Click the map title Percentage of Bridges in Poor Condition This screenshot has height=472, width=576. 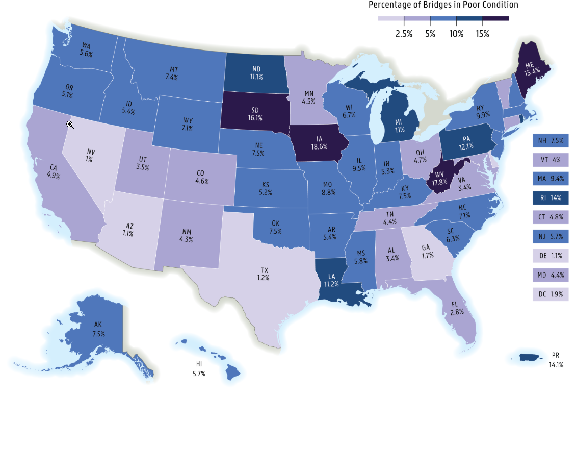click(443, 5)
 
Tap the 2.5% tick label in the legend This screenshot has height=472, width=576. click(404, 34)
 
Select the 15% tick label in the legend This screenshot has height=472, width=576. click(482, 34)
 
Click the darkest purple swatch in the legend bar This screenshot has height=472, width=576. click(495, 18)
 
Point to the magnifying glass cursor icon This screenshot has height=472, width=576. click(70, 125)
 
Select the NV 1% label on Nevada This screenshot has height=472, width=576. click(90, 156)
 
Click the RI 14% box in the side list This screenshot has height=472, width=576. click(551, 198)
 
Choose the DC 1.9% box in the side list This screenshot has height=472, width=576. click(551, 294)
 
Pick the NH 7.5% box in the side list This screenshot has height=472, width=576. click(551, 140)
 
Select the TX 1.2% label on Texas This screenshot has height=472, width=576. click(263, 275)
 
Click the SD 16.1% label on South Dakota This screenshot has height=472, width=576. click(255, 114)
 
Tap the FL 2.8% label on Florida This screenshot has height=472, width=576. click(457, 308)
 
